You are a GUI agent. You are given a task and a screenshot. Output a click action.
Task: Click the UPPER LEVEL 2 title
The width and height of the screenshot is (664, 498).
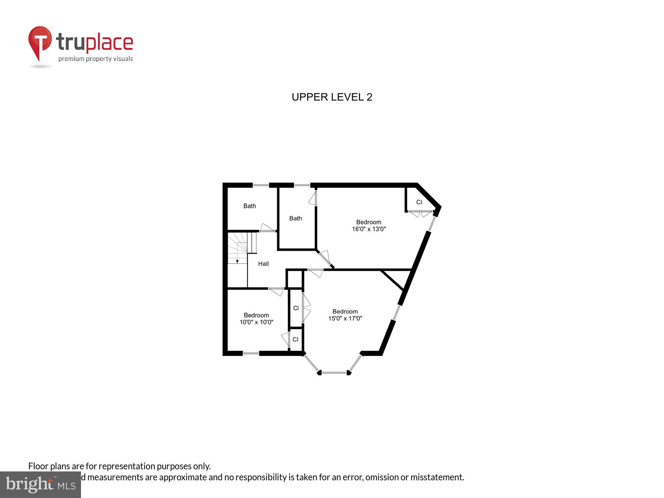pos(332,97)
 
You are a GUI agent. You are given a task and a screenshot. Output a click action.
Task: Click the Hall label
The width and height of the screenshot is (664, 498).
pos(263,264)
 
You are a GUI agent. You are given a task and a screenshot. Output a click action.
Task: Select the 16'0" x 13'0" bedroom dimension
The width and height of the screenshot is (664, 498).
pos(369,229)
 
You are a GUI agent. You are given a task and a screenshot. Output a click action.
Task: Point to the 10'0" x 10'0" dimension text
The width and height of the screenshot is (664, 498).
pos(256,322)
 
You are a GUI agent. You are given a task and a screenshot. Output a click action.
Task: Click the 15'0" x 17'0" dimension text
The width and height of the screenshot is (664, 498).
pos(345,318)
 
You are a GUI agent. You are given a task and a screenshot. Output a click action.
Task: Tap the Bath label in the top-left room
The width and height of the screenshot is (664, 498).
pos(249,206)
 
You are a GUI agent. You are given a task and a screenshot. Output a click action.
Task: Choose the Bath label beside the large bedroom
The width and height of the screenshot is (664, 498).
pos(295,218)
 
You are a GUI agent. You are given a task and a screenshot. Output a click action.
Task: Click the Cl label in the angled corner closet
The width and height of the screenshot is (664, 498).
pos(419,202)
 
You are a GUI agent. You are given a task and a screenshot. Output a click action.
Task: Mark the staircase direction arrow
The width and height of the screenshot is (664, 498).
pos(237,261)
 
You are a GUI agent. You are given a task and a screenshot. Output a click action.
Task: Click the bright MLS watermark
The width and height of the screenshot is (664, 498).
pos(41,485)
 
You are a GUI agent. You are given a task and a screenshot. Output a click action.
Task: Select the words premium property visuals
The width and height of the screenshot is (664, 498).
pos(96,59)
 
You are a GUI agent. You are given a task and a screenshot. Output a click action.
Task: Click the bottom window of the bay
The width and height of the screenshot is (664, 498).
pos(335,373)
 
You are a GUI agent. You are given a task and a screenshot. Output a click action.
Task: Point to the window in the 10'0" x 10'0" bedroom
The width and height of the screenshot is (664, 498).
pos(251,354)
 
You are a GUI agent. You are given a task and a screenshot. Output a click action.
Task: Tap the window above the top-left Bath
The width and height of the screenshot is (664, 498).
pos(261,185)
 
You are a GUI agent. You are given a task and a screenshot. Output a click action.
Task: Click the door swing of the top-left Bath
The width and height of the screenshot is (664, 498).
pos(267,227)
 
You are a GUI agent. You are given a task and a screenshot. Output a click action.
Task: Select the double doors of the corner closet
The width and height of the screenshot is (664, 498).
pos(420,213)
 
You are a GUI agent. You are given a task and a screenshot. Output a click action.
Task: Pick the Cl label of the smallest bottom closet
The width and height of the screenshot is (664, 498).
pos(295,339)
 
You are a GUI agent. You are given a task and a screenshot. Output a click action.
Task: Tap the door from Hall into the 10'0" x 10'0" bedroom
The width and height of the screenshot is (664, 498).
pos(276,291)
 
